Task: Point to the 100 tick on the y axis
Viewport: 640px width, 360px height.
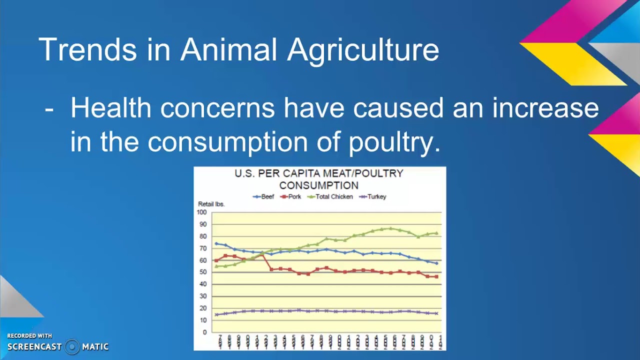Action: tap(201, 212)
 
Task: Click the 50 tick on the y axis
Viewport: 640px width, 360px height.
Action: tap(203, 272)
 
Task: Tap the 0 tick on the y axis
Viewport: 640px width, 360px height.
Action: tap(204, 332)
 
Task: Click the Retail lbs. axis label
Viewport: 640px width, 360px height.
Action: tap(211, 204)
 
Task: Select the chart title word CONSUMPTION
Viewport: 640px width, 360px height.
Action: tap(319, 185)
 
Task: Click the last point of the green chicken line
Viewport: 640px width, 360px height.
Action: tap(436, 233)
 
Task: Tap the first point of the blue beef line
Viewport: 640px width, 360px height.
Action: tap(216, 243)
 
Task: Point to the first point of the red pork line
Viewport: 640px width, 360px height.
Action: tap(216, 260)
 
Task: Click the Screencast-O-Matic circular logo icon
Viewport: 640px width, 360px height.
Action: tap(72, 346)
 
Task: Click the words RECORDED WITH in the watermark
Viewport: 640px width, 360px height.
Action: tap(29, 336)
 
